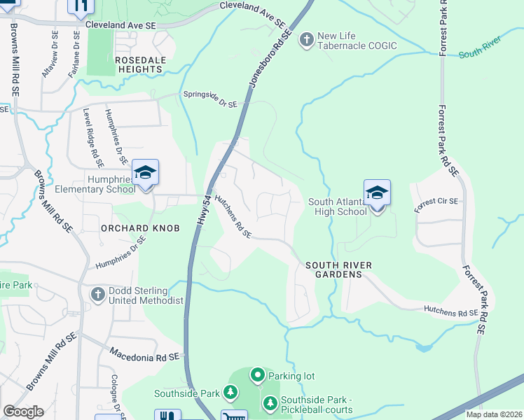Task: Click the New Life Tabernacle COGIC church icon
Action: point(306,41)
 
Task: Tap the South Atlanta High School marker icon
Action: point(377,194)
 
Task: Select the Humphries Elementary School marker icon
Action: point(145,174)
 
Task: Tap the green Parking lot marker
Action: point(257,376)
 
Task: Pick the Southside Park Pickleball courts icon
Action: point(270,404)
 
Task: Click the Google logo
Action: point(23,412)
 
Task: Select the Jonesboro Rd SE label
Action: point(269,59)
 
